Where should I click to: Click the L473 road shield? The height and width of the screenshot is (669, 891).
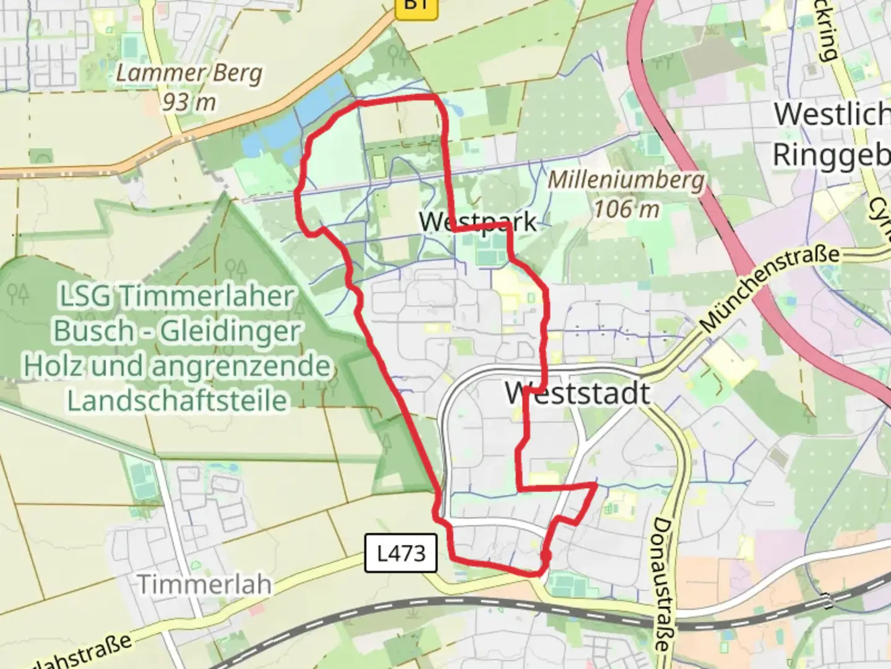tap(401, 553)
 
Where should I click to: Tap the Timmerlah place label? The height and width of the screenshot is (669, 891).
tap(204, 584)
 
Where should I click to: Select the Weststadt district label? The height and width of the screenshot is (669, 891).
tap(577, 393)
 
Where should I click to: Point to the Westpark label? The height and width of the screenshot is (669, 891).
tap(478, 221)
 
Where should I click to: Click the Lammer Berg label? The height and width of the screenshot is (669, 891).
tap(189, 73)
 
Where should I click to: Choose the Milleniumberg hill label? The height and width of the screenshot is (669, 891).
tap(626, 180)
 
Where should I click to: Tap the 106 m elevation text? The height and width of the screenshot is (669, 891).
tap(626, 209)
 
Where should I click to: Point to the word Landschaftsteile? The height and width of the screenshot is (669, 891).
tap(177, 400)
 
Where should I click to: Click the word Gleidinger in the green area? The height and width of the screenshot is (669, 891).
tap(230, 331)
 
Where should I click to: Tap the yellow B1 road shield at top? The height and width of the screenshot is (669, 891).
tap(416, 5)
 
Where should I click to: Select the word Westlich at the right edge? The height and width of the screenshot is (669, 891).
tap(831, 114)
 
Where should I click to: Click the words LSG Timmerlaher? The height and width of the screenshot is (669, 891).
tap(176, 296)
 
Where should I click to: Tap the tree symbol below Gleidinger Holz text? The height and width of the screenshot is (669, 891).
tap(387, 442)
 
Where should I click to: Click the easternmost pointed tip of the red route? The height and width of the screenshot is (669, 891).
tap(595, 486)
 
